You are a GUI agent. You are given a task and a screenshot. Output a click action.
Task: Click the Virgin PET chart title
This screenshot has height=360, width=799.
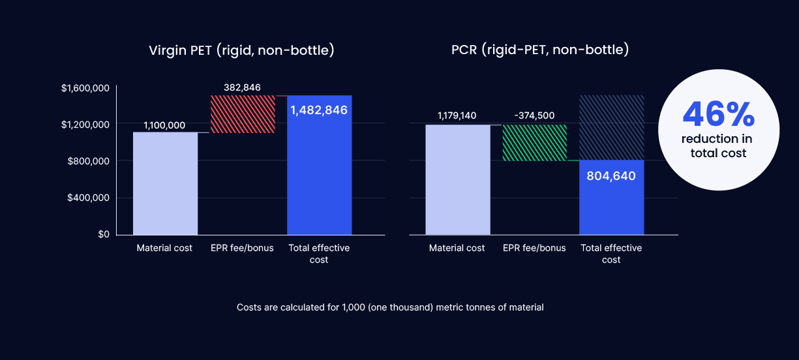coord(241,50)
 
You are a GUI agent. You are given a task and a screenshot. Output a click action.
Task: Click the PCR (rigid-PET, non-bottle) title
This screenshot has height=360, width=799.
coord(540,50)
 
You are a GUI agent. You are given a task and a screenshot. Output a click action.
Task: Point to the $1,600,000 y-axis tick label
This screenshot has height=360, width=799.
coord(85,88)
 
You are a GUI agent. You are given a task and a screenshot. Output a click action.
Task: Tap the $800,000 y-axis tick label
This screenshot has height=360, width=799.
coord(89,161)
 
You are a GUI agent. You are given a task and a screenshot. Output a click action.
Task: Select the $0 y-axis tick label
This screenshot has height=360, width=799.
coord(104,234)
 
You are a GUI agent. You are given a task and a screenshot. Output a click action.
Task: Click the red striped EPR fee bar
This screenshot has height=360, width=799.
coord(243,114)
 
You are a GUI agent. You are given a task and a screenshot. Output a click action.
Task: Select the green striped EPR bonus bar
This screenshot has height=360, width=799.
coord(535,143)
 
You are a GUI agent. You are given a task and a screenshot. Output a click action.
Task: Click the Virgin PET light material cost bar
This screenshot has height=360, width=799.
coord(166,183)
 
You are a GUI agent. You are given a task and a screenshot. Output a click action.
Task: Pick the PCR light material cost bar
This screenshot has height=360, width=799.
coord(458,179)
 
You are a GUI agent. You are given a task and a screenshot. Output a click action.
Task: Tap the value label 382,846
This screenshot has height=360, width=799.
coord(242,88)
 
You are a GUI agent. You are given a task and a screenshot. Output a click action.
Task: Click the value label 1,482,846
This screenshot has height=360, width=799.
coord(319,110)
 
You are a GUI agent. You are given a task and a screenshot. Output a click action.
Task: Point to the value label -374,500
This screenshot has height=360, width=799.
coord(534,115)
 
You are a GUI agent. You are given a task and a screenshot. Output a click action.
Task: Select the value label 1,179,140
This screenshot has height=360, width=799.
coord(457,115)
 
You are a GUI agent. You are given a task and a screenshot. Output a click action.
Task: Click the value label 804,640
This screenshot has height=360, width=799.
coord(611,176)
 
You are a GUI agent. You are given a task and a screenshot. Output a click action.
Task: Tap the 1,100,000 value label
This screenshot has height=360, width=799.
coord(164,125)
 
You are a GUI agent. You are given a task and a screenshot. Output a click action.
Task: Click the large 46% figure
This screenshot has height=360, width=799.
coord(718,114)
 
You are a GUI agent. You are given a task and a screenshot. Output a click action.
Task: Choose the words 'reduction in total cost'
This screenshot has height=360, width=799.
coord(717,146)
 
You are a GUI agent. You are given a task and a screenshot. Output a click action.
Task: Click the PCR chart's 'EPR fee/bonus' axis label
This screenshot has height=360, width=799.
coord(534,248)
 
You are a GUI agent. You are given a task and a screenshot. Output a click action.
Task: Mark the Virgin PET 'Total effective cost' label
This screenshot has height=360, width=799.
coord(319,254)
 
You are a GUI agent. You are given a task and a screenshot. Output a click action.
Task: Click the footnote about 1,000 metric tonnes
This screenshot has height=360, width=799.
coord(390,308)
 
